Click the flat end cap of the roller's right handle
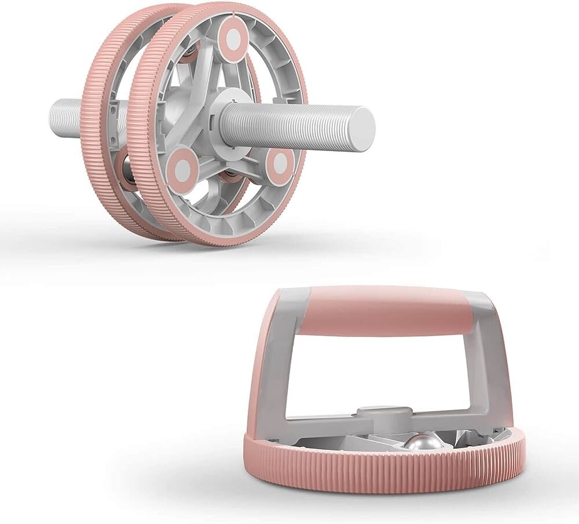coord(363,129)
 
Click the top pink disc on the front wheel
coord(233,39)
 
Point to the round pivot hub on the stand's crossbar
coord(377,413)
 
